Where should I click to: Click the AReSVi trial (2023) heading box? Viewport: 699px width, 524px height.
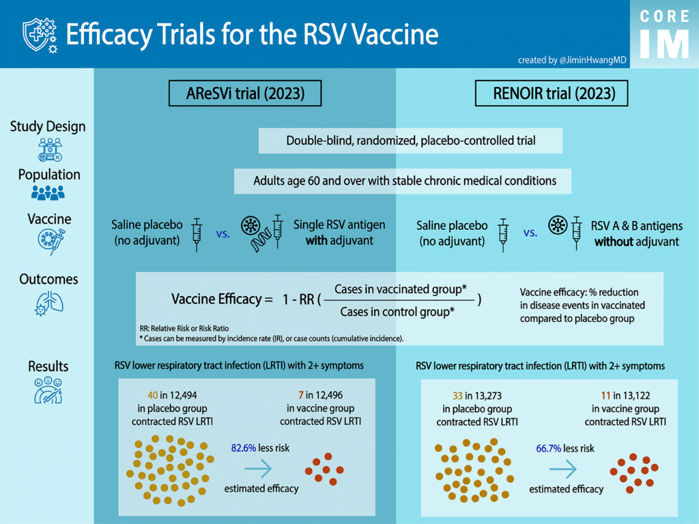[245, 93]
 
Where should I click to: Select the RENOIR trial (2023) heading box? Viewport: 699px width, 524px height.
[552, 93]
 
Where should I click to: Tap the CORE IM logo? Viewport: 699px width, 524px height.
[664, 33]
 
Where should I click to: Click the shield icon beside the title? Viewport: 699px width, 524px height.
[40, 35]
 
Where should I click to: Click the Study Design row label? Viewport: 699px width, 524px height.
[48, 127]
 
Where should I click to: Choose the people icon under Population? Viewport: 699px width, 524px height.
[48, 193]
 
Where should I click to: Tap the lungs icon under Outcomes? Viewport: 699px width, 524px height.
[48, 303]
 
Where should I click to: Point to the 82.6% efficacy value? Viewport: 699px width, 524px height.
[244, 448]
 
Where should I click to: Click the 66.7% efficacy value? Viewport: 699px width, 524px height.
[548, 448]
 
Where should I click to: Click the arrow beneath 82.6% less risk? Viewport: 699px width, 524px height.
[257, 469]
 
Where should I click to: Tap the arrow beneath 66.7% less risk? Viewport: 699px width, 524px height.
[562, 469]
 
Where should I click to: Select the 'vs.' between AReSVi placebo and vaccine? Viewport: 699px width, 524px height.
[223, 233]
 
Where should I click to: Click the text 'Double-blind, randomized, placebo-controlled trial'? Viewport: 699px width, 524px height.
[410, 141]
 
